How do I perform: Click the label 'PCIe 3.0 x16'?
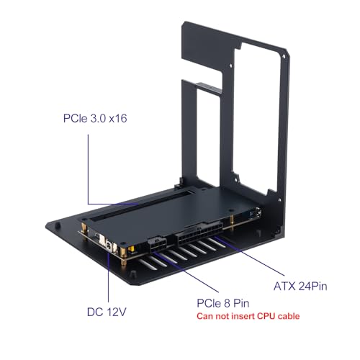pyautogui.click(x=95, y=118)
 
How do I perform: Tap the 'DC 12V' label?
pyautogui.click(x=107, y=312)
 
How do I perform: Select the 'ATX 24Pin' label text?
pyautogui.click(x=300, y=286)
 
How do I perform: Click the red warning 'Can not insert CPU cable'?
pyautogui.click(x=248, y=316)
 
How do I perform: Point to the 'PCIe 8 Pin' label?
pyautogui.click(x=223, y=303)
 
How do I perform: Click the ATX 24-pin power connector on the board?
pyautogui.click(x=199, y=233)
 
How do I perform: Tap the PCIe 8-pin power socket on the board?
pyautogui.click(x=157, y=244)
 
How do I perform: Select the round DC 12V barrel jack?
pyautogui.click(x=109, y=246)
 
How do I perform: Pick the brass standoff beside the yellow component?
pyautogui.click(x=123, y=256)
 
